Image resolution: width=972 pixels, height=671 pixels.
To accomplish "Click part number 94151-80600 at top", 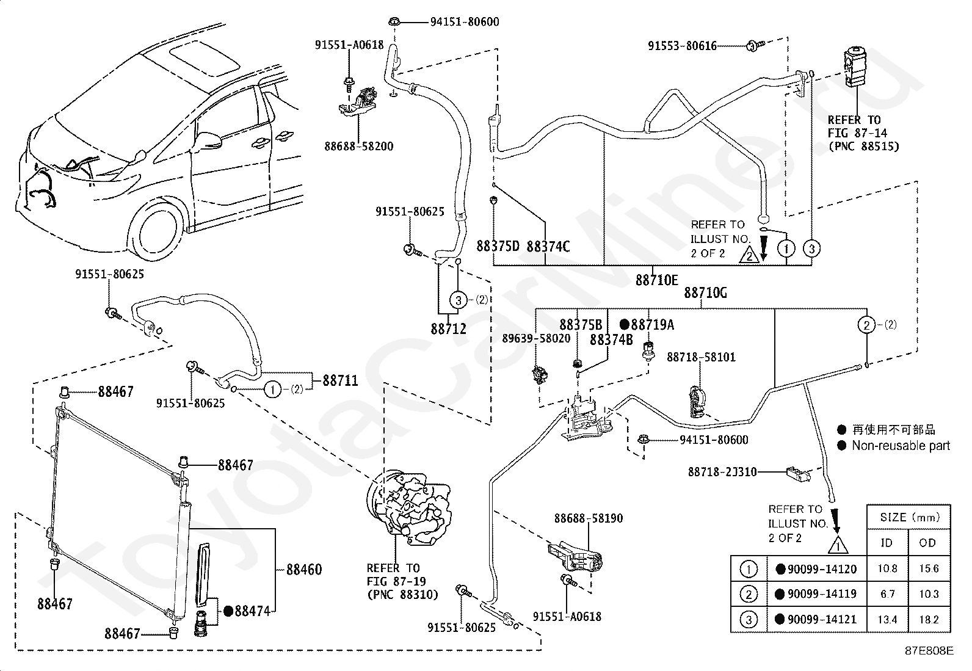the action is [465, 22].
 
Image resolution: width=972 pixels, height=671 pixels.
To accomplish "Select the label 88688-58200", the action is [359, 147].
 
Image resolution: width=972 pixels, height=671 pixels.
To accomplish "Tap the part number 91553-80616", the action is [682, 46].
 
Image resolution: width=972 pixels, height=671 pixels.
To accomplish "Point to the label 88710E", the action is [656, 280].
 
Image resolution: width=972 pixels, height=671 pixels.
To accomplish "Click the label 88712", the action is [448, 329].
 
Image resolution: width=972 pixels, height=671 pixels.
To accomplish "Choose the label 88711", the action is [340, 380].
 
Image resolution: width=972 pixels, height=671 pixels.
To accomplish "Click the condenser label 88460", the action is [304, 570].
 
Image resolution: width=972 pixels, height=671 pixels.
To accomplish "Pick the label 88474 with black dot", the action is [247, 611].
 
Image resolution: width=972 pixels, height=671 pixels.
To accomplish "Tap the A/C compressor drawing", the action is [408, 507].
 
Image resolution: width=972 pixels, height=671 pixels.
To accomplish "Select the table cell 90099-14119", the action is [816, 593].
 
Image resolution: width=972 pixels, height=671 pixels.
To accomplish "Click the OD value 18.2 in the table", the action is [929, 619].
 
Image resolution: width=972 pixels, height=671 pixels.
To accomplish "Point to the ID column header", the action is [887, 543].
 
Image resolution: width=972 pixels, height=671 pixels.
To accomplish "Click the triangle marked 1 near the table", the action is [838, 545].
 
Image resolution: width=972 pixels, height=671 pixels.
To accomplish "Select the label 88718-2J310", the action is [722, 472].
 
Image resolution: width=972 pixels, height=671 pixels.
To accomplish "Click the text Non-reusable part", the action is [901, 446].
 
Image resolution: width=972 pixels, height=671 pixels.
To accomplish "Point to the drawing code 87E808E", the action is [929, 651].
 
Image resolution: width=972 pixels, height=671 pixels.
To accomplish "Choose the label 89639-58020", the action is [536, 338].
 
